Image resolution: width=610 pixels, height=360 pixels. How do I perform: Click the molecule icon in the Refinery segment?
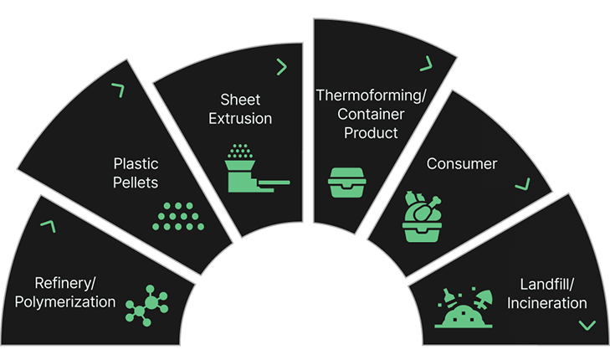tap(146, 305)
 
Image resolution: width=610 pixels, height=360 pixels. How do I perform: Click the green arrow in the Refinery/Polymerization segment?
tap(47, 226)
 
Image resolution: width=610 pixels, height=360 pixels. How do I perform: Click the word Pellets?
tap(136, 182)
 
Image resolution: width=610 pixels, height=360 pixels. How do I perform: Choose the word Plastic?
tap(136, 163)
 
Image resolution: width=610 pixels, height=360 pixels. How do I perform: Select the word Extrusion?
tap(242, 118)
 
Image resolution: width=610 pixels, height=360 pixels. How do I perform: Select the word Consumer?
tap(461, 163)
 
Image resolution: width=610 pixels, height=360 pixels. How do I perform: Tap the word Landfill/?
tap(546, 283)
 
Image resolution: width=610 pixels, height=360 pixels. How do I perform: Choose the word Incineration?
tap(546, 302)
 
